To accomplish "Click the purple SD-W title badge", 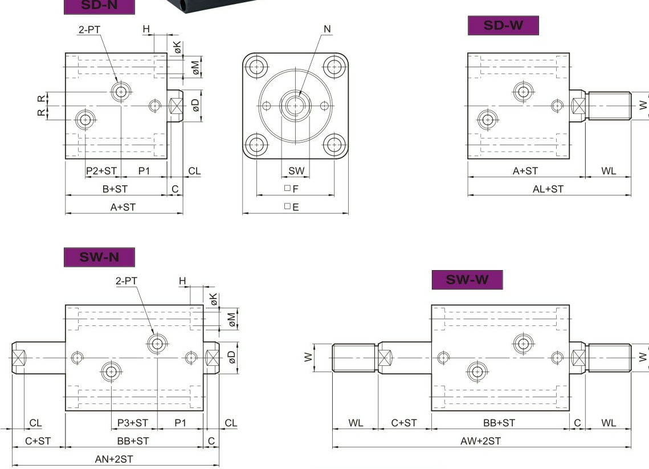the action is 503,26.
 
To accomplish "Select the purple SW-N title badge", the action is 99,257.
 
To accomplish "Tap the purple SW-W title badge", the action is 467,280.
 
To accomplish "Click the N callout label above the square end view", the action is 327,29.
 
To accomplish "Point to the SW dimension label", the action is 296,170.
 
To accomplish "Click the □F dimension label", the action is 291,189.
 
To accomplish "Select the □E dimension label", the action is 291,206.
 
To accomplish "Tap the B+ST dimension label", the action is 115,189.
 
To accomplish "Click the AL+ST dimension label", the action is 548,189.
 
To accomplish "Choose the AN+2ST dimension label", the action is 114,459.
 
